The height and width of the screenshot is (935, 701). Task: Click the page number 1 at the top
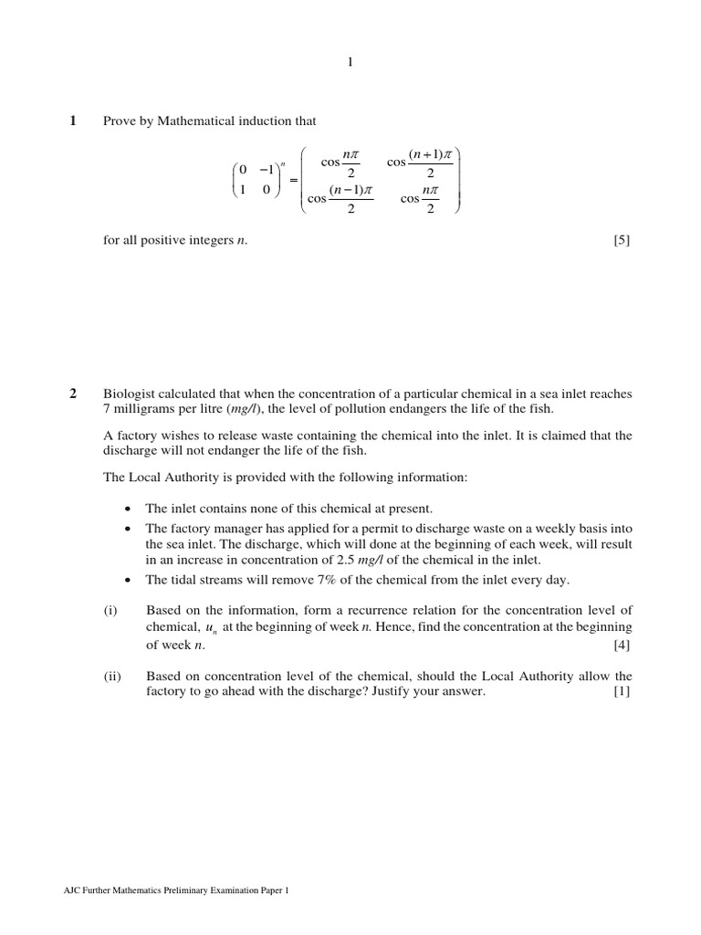click(x=350, y=62)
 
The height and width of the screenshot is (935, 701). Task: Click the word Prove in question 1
click(x=119, y=121)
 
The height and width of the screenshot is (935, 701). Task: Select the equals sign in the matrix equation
click(x=293, y=181)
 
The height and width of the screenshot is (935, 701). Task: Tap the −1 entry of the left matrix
click(x=267, y=169)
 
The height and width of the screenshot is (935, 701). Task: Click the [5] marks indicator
click(x=623, y=241)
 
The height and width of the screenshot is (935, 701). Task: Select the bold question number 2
click(x=74, y=394)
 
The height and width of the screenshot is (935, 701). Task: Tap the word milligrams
click(x=143, y=409)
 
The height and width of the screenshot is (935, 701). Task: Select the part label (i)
click(x=110, y=610)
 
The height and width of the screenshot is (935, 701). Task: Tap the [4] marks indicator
click(x=623, y=646)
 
